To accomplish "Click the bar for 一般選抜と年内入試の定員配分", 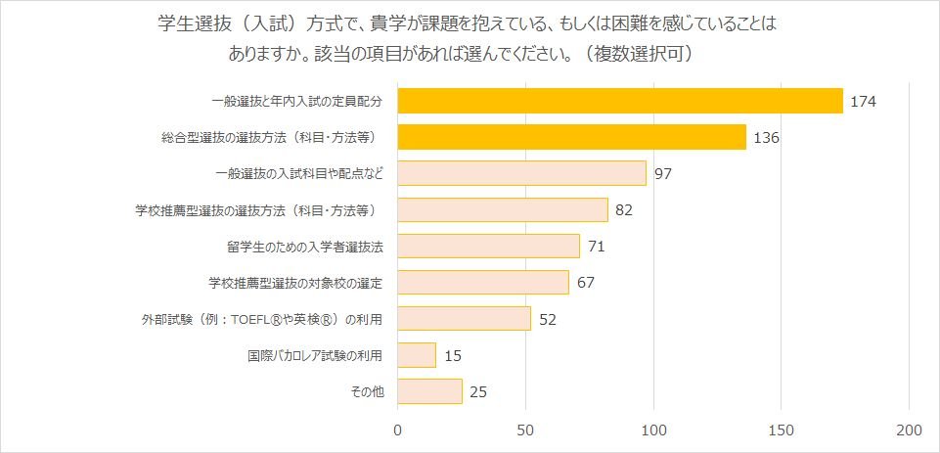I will [620, 101].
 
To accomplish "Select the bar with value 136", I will [572, 137].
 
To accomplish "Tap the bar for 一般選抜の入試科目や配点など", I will [521, 173].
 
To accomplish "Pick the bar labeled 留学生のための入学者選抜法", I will [488, 246].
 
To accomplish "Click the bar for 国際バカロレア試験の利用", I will [417, 354].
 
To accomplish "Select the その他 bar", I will [429, 391].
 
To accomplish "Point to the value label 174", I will [863, 101].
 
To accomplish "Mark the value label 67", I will [587, 283].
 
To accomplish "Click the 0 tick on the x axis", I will [398, 430].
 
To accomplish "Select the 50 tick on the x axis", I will [526, 430].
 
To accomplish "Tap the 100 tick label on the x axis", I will [653, 430].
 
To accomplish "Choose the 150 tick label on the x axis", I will [782, 430].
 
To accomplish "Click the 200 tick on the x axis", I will [909, 430].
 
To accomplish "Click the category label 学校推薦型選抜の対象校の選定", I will [294, 283].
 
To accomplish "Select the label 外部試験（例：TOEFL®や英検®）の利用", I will [261, 319].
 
